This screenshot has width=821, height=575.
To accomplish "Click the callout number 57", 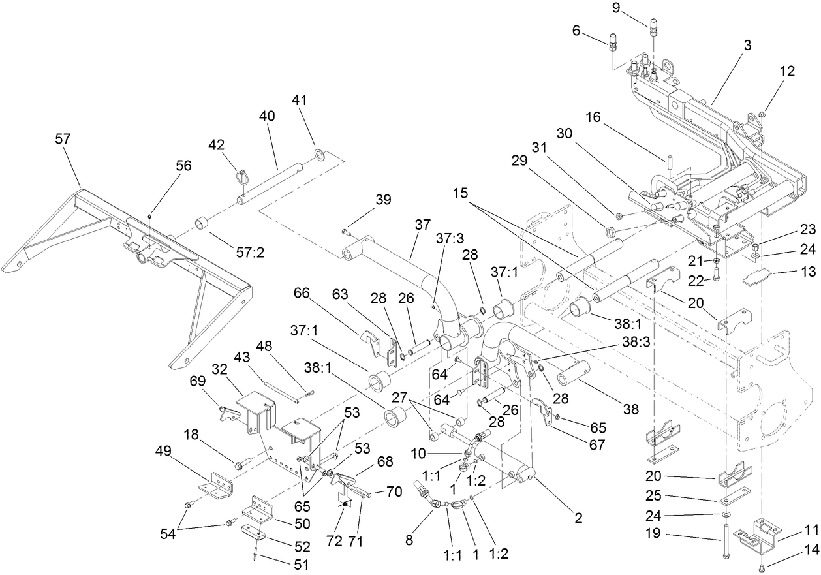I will click(63, 138).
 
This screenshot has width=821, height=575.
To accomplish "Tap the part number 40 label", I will click(267, 116).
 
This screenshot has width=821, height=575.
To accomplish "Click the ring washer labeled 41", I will click(320, 155).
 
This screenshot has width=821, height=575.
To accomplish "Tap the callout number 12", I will click(787, 72).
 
